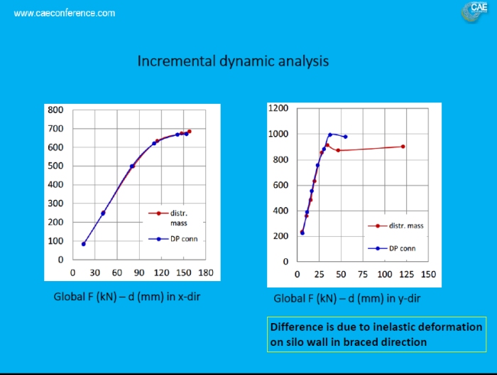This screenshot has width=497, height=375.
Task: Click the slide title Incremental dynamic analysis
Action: (233, 61)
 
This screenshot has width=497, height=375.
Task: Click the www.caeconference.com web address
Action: (65, 14)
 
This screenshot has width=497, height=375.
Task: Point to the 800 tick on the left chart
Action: (55, 110)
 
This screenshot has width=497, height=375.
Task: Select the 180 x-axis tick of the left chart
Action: (206, 273)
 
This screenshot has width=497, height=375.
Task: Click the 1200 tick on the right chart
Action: (279, 108)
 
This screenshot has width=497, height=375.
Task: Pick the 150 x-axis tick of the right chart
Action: (429, 274)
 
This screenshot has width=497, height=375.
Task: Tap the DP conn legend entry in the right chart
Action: (402, 248)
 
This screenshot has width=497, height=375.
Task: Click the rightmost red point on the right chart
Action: (403, 147)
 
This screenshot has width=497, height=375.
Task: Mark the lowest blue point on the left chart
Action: (84, 244)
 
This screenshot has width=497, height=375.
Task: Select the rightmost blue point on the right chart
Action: (345, 137)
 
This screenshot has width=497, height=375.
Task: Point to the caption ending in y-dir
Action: (347, 298)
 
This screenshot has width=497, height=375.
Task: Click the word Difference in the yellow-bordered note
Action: (297, 327)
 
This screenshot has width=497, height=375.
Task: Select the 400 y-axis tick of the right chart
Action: (281, 211)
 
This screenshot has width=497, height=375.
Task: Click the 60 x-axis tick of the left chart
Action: (116, 273)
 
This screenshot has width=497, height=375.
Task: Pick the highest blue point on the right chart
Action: (330, 134)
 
